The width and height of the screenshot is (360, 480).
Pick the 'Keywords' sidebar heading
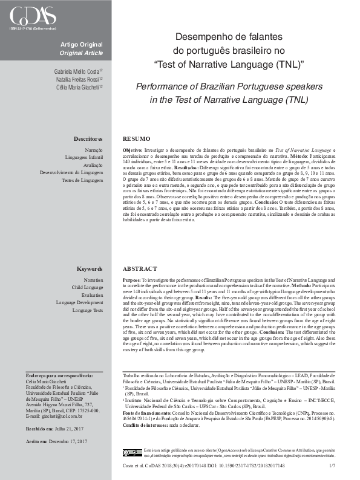click(90, 268)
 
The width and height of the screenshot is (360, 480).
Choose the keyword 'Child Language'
click(87, 288)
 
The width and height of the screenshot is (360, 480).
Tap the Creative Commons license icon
click(132, 452)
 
